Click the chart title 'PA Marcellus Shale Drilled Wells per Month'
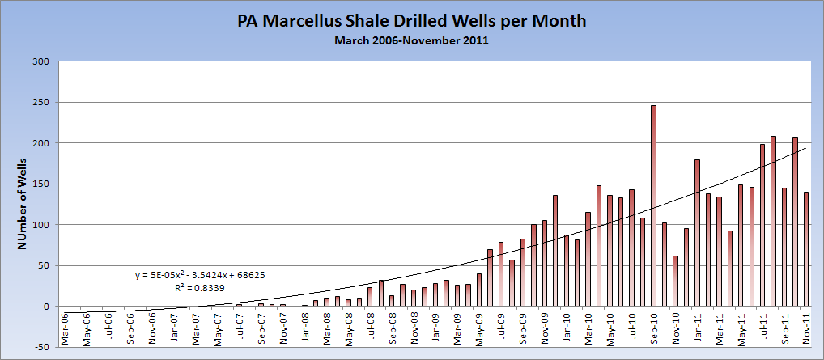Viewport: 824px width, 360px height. click(411, 20)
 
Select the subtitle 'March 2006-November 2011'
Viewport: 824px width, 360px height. click(411, 40)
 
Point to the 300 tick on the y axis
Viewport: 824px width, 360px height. click(41, 61)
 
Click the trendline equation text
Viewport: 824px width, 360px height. click(200, 276)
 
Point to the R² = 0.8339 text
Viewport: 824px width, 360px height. click(200, 287)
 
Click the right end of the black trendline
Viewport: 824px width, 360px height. click(805, 148)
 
